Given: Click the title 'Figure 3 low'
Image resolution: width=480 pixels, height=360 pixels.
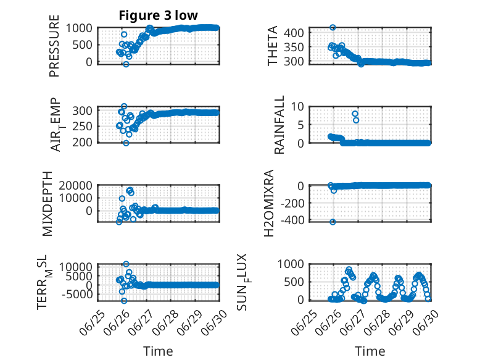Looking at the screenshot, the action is click(x=159, y=15).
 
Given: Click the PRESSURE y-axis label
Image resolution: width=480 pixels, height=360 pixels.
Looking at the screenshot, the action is click(x=54, y=46).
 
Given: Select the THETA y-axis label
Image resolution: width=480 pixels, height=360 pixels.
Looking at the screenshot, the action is click(x=273, y=46).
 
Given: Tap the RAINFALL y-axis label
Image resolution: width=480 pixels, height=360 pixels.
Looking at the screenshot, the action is click(x=279, y=125).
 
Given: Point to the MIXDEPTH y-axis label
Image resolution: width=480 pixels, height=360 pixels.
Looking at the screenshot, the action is click(x=48, y=204).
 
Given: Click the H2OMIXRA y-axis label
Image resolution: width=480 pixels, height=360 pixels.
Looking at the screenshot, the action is click(x=269, y=203).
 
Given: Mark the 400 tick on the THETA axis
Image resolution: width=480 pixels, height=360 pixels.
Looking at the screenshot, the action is click(x=294, y=33).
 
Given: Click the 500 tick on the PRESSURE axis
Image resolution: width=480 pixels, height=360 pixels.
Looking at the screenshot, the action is click(x=82, y=45).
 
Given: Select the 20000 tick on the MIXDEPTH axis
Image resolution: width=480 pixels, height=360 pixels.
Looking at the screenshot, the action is click(x=75, y=185).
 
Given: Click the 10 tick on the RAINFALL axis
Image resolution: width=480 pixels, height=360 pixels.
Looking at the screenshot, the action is click(x=297, y=107).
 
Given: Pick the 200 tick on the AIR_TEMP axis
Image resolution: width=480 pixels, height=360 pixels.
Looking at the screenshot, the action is click(x=82, y=142).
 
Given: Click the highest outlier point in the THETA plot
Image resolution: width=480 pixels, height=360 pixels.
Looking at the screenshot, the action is click(x=333, y=28).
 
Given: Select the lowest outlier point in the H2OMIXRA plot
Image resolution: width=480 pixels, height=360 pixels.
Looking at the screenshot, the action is click(x=333, y=222).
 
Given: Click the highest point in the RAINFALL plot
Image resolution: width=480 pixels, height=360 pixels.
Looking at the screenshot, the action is click(x=355, y=114).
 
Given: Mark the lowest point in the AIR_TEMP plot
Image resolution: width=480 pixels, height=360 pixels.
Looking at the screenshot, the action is click(x=126, y=143).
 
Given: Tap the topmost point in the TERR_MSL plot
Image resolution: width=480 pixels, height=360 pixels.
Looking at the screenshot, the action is click(x=126, y=264).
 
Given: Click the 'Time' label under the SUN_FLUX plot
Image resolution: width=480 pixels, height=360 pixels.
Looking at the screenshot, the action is click(x=370, y=351).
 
